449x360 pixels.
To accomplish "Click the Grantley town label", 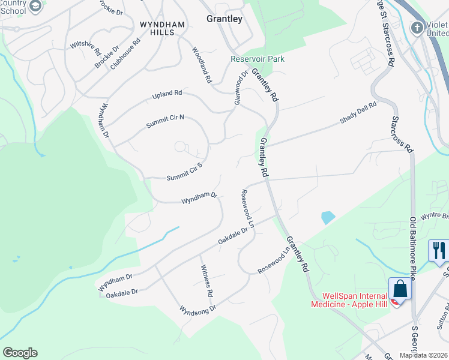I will click(x=224, y=19).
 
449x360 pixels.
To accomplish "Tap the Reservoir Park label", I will click(x=258, y=59).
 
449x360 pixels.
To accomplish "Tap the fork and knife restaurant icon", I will click(x=439, y=250).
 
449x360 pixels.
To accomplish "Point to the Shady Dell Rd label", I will click(x=358, y=112).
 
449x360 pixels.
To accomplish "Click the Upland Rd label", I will click(x=167, y=94).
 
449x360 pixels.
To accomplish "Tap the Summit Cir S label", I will click(x=184, y=173).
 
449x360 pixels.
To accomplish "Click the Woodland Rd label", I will click(x=202, y=65).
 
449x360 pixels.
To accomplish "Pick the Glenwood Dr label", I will click(x=241, y=87).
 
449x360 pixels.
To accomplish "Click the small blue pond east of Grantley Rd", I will click(x=328, y=217).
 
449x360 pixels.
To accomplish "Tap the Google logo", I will click(x=20, y=353).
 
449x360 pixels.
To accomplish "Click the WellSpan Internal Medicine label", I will click(x=352, y=300).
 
